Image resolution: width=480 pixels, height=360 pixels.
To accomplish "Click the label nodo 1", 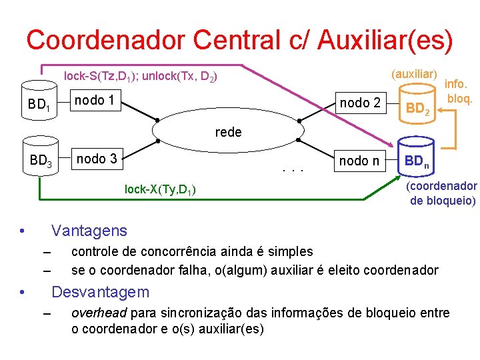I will (x=94, y=101).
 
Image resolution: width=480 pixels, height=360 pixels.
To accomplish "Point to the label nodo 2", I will (x=360, y=102).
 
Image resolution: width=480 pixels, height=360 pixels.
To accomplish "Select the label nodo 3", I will (x=97, y=159).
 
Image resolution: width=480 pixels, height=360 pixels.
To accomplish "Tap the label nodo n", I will (x=359, y=160).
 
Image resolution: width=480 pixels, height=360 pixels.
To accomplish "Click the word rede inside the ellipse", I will (x=228, y=132).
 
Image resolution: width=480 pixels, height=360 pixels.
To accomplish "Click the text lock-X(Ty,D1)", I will (x=160, y=190).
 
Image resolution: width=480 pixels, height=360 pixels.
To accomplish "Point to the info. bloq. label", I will (x=459, y=92).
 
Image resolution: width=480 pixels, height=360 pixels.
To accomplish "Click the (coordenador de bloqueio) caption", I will (x=442, y=193).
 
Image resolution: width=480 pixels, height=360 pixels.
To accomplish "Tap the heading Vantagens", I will (x=89, y=231).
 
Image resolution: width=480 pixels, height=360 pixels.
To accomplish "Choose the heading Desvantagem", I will (x=101, y=292).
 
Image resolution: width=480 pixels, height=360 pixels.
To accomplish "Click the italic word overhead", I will (x=99, y=313).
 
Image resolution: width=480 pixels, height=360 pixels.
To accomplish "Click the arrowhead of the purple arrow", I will (x=393, y=146).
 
